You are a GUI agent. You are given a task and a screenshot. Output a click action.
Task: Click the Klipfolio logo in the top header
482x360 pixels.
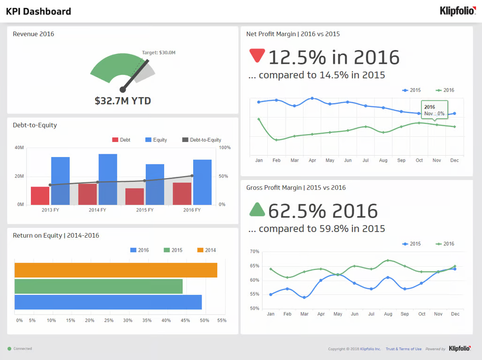point(457,11)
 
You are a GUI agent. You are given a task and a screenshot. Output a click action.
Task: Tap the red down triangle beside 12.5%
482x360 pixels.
point(257,54)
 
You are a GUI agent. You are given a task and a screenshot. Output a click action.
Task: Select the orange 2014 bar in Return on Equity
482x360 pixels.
point(116,270)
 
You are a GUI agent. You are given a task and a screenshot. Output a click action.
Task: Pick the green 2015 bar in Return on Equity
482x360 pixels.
point(98,286)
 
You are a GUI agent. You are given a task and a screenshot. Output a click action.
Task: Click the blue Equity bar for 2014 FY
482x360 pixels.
point(108,179)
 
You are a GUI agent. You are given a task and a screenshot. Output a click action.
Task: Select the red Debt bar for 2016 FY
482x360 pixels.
point(182,193)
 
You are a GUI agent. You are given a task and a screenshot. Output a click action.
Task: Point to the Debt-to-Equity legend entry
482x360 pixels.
point(202,140)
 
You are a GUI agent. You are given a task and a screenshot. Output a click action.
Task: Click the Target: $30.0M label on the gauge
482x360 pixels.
point(158,52)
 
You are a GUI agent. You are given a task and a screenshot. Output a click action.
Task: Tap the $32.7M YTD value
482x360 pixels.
point(123,101)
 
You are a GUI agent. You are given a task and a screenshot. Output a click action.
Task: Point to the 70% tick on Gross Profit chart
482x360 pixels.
point(254,252)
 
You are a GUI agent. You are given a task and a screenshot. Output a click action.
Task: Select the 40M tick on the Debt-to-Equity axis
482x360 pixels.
point(19,148)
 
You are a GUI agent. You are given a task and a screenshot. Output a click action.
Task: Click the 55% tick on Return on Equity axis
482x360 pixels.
point(222,321)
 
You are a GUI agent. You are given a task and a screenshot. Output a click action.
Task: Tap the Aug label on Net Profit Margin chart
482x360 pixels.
point(383,160)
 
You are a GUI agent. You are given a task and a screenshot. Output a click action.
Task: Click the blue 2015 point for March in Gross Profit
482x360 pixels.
point(304,297)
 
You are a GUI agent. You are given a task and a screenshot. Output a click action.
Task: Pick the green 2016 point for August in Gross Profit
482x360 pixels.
point(388,260)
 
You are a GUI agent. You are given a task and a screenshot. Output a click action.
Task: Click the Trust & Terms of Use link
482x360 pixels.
point(403,349)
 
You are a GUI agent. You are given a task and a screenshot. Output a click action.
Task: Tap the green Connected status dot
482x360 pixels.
point(9,349)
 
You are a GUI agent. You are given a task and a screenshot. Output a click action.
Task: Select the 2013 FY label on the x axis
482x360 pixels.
point(50,210)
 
